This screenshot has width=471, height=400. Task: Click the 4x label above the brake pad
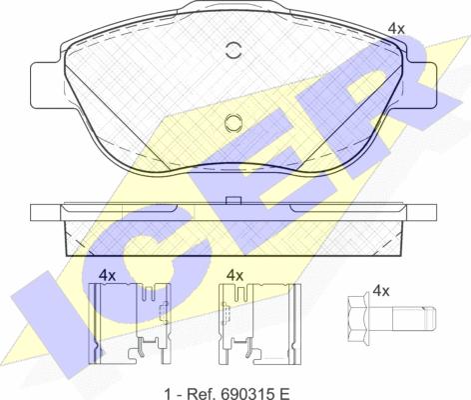pos(396,29)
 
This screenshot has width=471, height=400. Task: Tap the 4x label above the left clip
pos(107,275)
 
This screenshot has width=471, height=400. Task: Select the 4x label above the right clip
pos(235,275)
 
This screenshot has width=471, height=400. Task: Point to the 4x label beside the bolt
pos(381,291)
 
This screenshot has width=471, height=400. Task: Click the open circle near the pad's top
pos(234,51)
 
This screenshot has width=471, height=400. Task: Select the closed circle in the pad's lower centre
pos(234,123)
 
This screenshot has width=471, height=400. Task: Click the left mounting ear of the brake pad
pos(47,85)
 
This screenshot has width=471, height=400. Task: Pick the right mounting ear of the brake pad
pos(420,85)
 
